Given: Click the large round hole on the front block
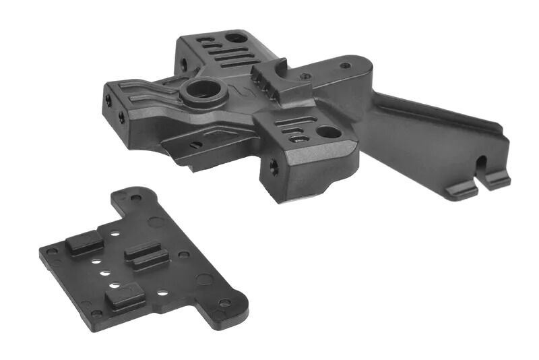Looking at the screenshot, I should tap(328, 132).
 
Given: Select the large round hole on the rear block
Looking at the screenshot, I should tap(235, 38).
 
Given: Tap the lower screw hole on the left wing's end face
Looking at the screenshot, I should tap(121, 117).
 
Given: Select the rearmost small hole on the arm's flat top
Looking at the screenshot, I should tap(345, 65).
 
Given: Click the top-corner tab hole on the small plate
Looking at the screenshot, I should tap(137, 198).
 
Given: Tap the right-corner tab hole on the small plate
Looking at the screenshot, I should tap(224, 303).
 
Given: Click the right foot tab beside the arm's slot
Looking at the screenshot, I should tap(497, 179).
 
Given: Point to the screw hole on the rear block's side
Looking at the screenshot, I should tap(183, 65).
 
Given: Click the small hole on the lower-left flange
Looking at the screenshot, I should tap(195, 144).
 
